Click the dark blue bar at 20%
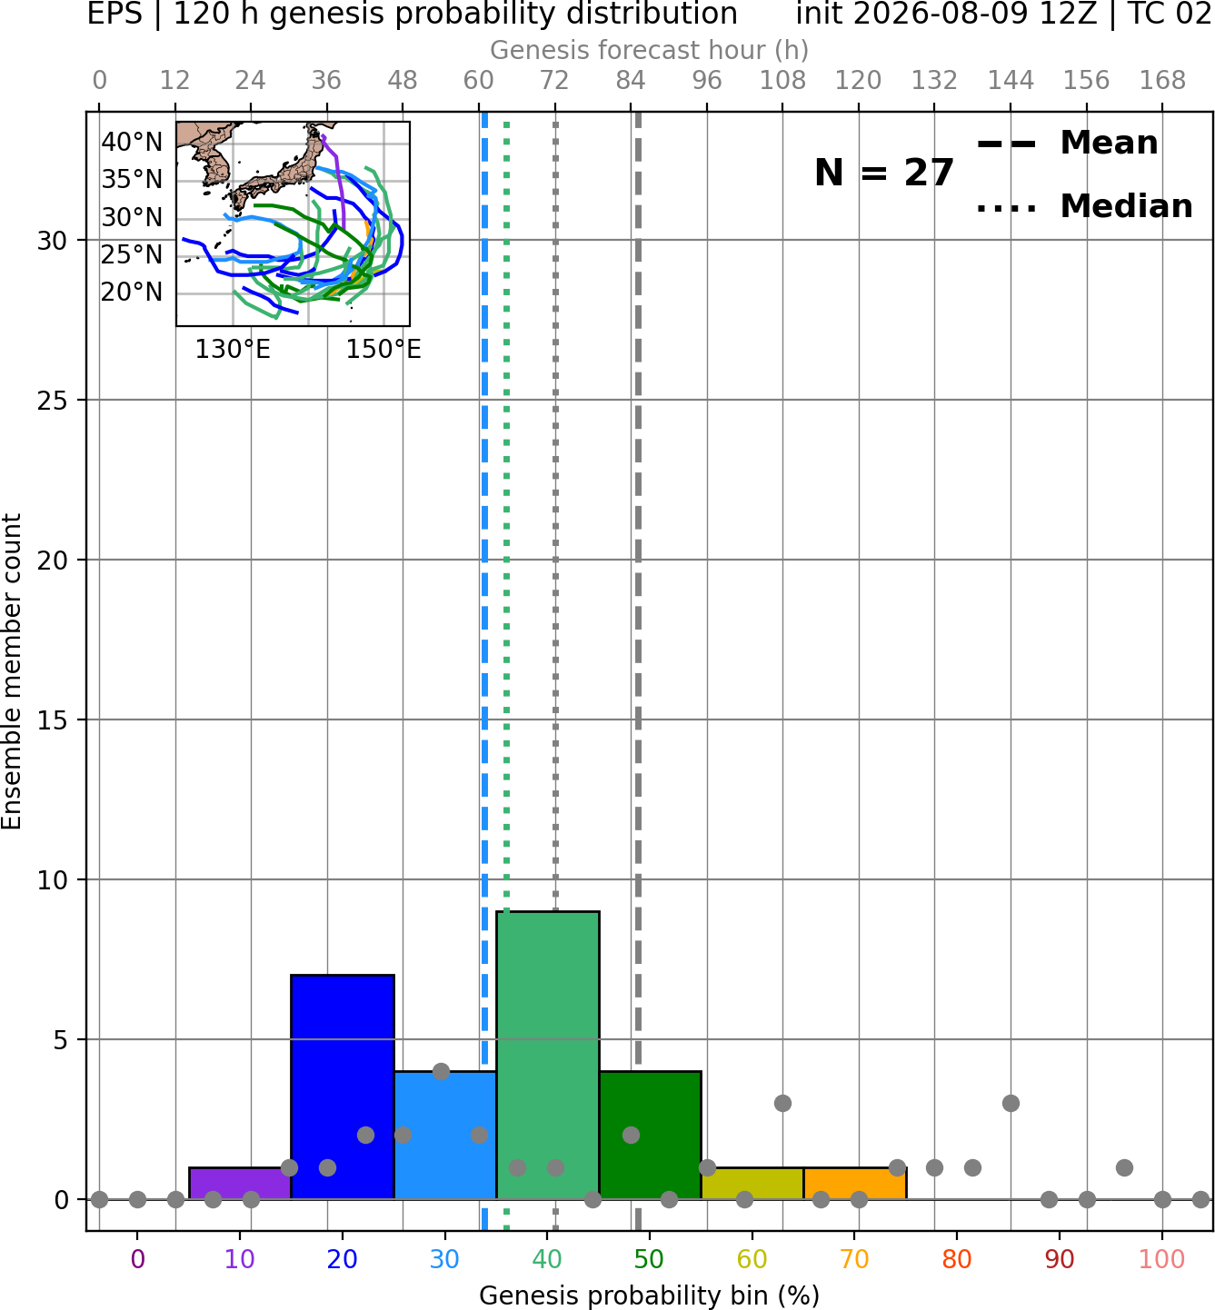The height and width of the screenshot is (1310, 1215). pos(343,1087)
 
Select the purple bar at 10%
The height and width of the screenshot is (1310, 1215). pos(240,1184)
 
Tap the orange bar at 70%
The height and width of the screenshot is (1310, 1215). pos(855,1184)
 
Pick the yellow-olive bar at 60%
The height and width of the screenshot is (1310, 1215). pos(752,1184)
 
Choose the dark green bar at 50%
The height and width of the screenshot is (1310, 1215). pos(650,1136)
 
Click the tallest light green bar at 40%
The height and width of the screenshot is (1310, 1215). pos(548,1056)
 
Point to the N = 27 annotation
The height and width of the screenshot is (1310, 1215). pos(884,173)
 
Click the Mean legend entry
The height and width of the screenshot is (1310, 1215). pos(1067,143)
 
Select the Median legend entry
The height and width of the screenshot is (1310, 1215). pos(1085,206)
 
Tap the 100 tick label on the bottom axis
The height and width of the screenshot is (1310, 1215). pos(1162,1259)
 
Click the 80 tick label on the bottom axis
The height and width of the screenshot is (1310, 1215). pos(957,1259)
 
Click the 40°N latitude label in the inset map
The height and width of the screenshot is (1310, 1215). pos(132,142)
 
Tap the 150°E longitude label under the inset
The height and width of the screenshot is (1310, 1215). pos(383,349)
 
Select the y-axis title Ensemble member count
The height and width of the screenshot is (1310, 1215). pos(12,671)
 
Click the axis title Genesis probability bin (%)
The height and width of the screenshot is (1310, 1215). pos(650,1295)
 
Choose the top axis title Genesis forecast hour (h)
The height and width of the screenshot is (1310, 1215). pos(650,50)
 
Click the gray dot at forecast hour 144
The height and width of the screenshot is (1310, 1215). pos(1011,1103)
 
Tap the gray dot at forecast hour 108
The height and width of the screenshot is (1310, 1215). pos(782,1103)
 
